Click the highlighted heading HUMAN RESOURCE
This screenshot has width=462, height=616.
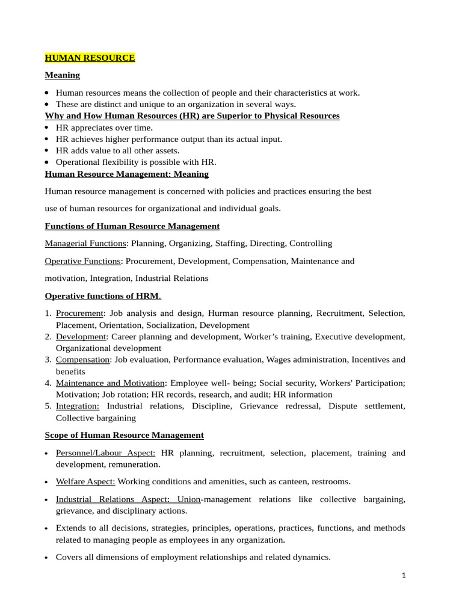point(90,58)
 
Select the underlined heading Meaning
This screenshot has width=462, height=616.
point(63,75)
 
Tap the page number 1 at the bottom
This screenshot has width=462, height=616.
point(404,576)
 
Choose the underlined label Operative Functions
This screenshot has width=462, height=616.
point(82,261)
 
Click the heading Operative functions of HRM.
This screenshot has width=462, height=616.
point(103,296)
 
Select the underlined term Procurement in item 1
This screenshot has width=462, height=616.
point(79,313)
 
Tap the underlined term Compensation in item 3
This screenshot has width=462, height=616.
point(83,360)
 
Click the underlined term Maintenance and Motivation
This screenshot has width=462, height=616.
point(110,383)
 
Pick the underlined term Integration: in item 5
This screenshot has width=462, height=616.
point(78,406)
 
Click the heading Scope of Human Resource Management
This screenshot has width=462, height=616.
point(124,435)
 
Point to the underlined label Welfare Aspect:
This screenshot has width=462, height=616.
point(86,481)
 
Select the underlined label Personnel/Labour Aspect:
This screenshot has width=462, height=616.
point(105,452)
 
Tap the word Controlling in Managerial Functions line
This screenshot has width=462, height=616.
point(310,244)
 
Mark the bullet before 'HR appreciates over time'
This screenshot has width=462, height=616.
point(48,128)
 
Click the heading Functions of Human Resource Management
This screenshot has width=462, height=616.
point(132,226)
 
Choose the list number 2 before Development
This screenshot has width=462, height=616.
point(48,337)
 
